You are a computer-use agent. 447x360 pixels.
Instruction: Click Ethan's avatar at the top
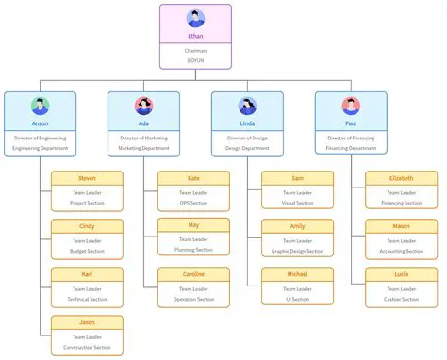pyautogui.click(x=195, y=18)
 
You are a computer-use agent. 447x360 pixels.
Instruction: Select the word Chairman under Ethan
pyautogui.click(x=195, y=50)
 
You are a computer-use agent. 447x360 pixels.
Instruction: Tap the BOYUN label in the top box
pyautogui.click(x=195, y=60)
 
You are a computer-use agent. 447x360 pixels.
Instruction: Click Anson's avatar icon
pyautogui.click(x=40, y=106)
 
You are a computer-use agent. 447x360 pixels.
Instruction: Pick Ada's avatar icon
pyautogui.click(x=143, y=106)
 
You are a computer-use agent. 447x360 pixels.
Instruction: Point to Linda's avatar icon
pyautogui.click(x=247, y=106)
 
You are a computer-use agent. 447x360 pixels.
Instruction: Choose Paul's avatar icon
pyautogui.click(x=351, y=106)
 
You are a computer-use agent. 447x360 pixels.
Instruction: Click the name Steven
pyautogui.click(x=87, y=178)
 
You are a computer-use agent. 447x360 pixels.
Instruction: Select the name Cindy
pyautogui.click(x=87, y=226)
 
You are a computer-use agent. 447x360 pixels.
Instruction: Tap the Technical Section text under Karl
pyautogui.click(x=87, y=299)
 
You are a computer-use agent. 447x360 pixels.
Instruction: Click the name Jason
pyautogui.click(x=87, y=322)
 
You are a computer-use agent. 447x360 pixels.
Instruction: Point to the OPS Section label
pyautogui.click(x=193, y=203)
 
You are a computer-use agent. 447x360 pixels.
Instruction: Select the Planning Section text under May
pyautogui.click(x=193, y=250)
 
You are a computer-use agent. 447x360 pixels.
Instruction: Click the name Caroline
pyautogui.click(x=193, y=274)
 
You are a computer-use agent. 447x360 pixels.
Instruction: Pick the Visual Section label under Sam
pyautogui.click(x=297, y=203)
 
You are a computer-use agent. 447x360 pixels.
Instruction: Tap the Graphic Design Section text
pyautogui.click(x=297, y=251)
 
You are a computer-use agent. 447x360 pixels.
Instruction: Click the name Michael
pyautogui.click(x=297, y=274)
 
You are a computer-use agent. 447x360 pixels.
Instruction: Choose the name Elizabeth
pyautogui.click(x=401, y=178)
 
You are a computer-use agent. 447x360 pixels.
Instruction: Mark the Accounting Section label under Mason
pyautogui.click(x=401, y=251)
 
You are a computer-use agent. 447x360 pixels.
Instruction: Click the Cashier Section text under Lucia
pyautogui.click(x=401, y=299)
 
